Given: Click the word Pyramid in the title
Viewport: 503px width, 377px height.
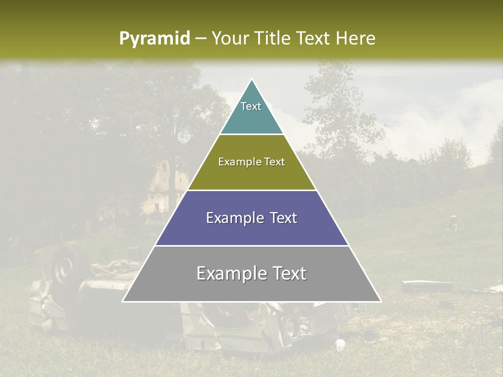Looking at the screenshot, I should click(x=154, y=39).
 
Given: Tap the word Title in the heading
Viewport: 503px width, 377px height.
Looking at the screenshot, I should click(x=275, y=39).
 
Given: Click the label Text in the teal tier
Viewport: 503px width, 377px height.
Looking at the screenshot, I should click(x=251, y=106).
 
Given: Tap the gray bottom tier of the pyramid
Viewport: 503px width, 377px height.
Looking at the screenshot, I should click(x=251, y=288).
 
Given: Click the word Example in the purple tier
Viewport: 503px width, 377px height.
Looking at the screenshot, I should click(x=232, y=218).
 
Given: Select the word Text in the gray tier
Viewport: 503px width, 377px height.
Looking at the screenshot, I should click(x=288, y=273).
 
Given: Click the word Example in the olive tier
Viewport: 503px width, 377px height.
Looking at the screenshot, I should click(x=236, y=162).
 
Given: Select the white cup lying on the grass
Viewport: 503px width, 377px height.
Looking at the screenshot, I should click(x=340, y=345).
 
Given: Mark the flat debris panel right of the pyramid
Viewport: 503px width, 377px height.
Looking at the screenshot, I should click(x=427, y=286).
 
